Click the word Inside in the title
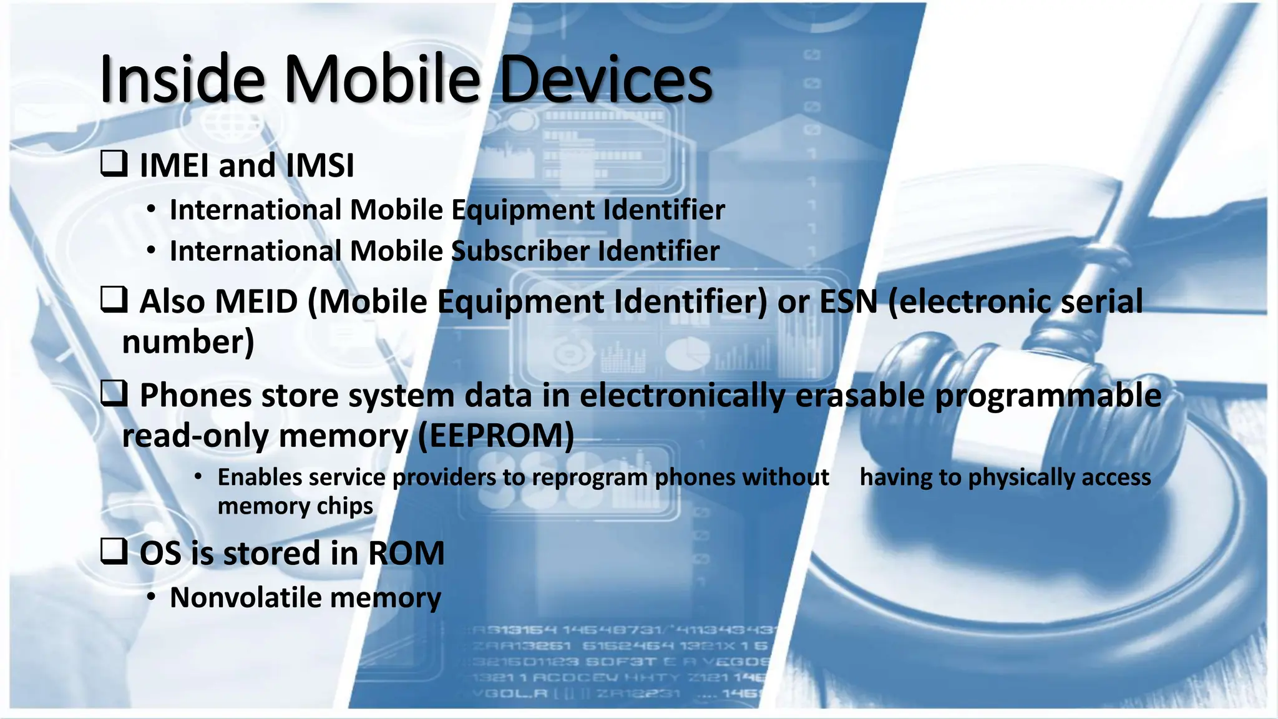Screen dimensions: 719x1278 (x=182, y=79)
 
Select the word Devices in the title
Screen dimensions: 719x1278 (x=605, y=79)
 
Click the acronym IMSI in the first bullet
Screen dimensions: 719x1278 (x=319, y=165)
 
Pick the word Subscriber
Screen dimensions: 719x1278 (x=520, y=251)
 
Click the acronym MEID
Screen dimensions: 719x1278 (x=256, y=301)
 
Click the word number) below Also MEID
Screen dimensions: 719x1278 (x=188, y=342)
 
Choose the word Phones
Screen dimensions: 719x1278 (x=195, y=396)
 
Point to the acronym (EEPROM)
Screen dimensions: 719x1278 (x=495, y=436)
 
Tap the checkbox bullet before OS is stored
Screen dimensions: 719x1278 (x=114, y=552)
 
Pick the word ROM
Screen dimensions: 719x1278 (x=406, y=554)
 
